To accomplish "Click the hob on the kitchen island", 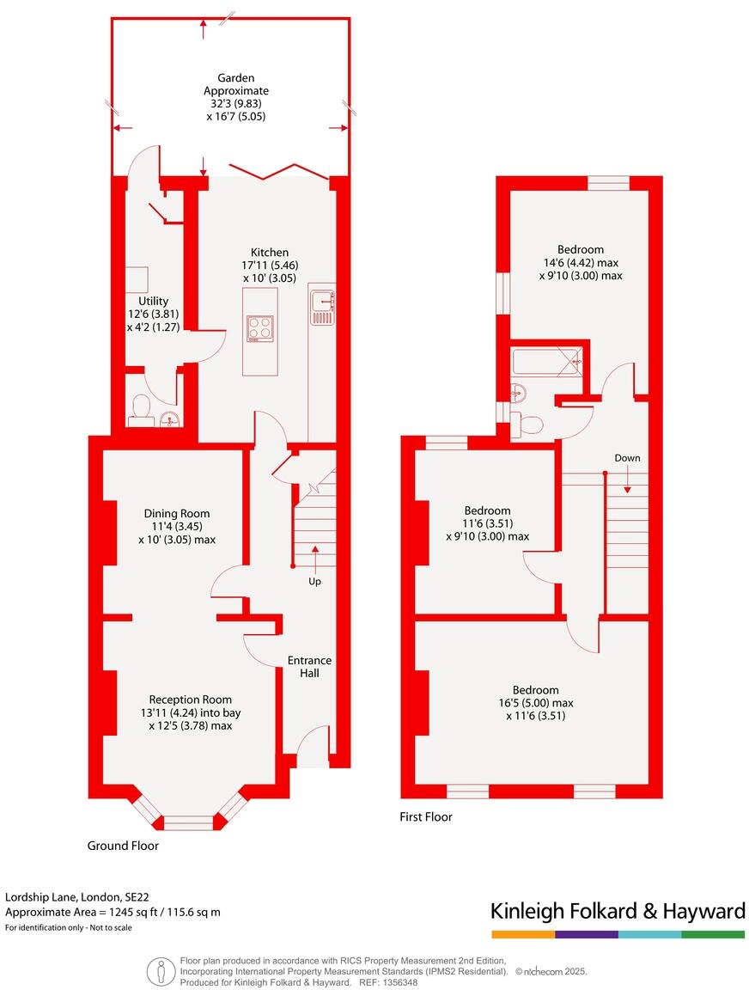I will click(x=260, y=330).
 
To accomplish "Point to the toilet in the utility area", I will click(x=140, y=410).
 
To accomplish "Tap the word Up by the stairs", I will click(x=315, y=582).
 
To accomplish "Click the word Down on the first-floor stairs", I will click(x=627, y=458).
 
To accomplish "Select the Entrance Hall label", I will click(x=309, y=667).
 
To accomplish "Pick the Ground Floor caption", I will click(x=123, y=846).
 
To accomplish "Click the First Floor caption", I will click(x=426, y=817).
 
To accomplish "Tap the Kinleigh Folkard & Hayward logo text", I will click(x=617, y=911).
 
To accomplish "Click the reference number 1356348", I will click(x=399, y=982).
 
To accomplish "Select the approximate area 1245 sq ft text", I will click(x=113, y=913).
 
